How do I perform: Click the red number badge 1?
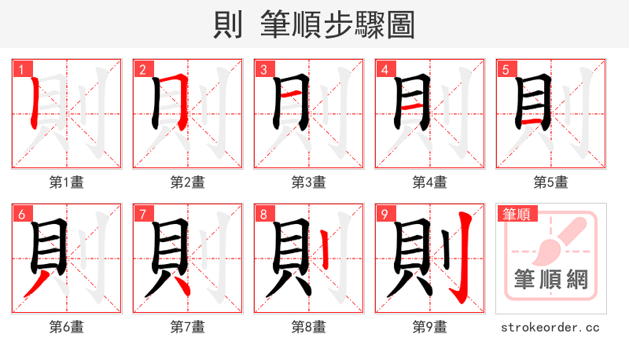pyautogui.click(x=20, y=70)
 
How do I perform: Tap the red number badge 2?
pyautogui.click(x=142, y=70)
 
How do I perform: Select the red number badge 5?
pyautogui.click(x=506, y=70)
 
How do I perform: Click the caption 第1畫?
pyautogui.click(x=67, y=182)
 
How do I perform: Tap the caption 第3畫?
pyautogui.click(x=309, y=182)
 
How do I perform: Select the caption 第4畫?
pyautogui.click(x=430, y=182)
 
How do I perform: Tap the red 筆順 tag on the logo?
pyautogui.click(x=517, y=213)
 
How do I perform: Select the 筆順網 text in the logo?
pyautogui.click(x=551, y=279)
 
